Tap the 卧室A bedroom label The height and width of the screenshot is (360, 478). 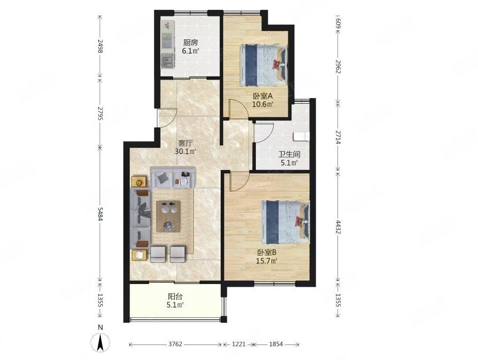(x=263, y=96)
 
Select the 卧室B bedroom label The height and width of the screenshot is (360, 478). (x=267, y=253)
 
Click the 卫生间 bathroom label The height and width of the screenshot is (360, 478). (x=289, y=155)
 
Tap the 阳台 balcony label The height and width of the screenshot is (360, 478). (x=175, y=296)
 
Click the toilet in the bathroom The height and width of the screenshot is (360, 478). (x=301, y=136)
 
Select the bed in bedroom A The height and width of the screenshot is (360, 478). (x=264, y=65)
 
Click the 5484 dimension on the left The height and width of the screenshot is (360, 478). (x=100, y=215)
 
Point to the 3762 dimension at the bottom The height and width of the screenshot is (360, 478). (x=175, y=344)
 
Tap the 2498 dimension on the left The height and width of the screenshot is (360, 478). (x=100, y=45)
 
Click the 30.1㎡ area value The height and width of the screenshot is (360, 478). (x=186, y=151)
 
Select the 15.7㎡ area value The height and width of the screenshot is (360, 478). (x=267, y=261)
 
